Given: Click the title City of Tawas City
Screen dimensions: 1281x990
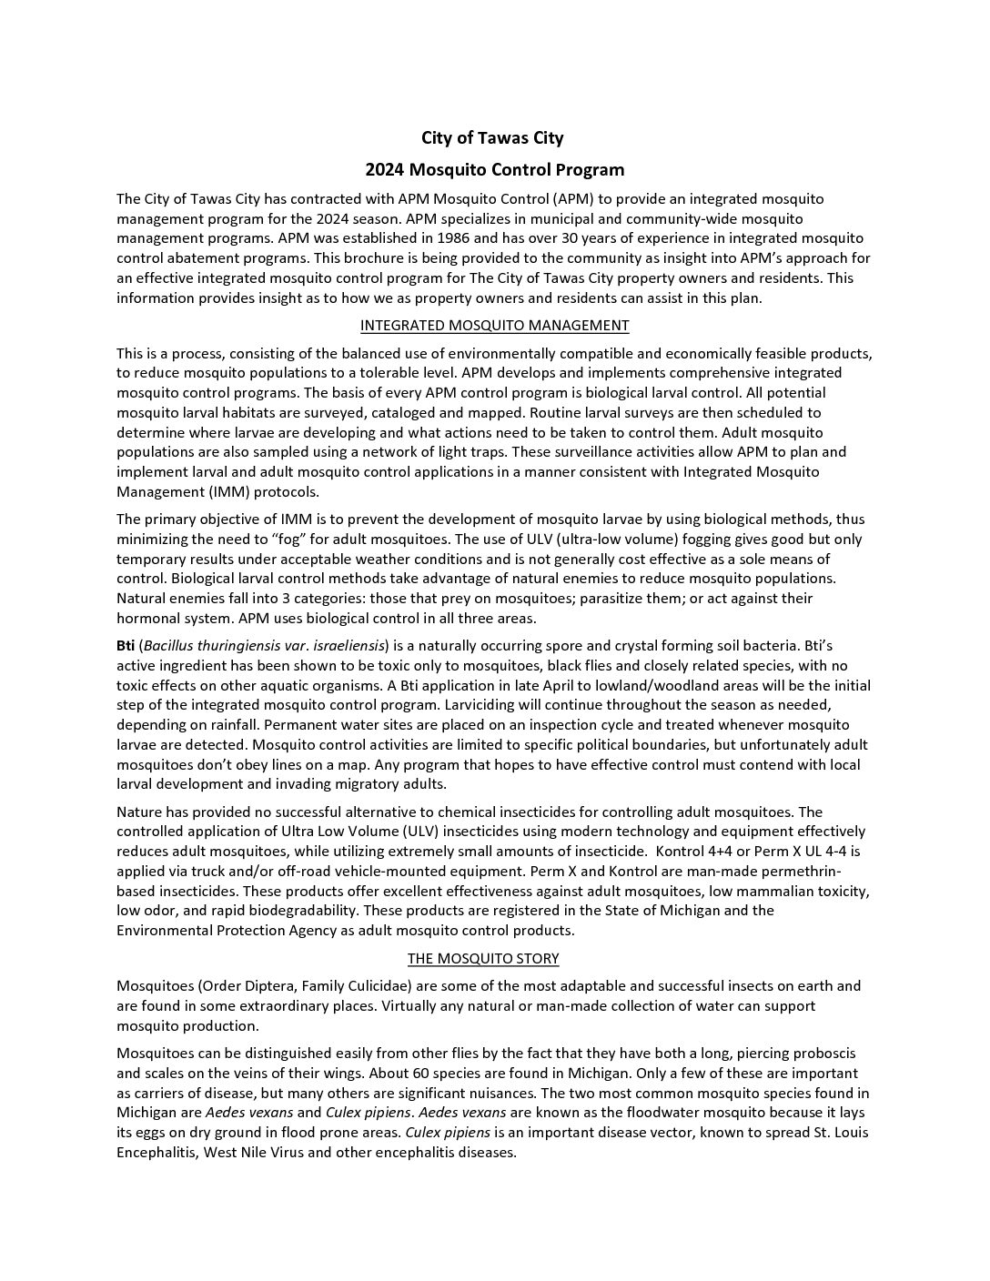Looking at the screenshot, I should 492,138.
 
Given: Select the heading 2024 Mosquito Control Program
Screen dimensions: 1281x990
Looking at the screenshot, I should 494,170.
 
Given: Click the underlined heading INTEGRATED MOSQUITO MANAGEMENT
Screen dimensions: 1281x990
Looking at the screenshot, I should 494,326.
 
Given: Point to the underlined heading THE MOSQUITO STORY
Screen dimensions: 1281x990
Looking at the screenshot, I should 482,959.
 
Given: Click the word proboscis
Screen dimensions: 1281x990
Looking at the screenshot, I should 819,1054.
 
